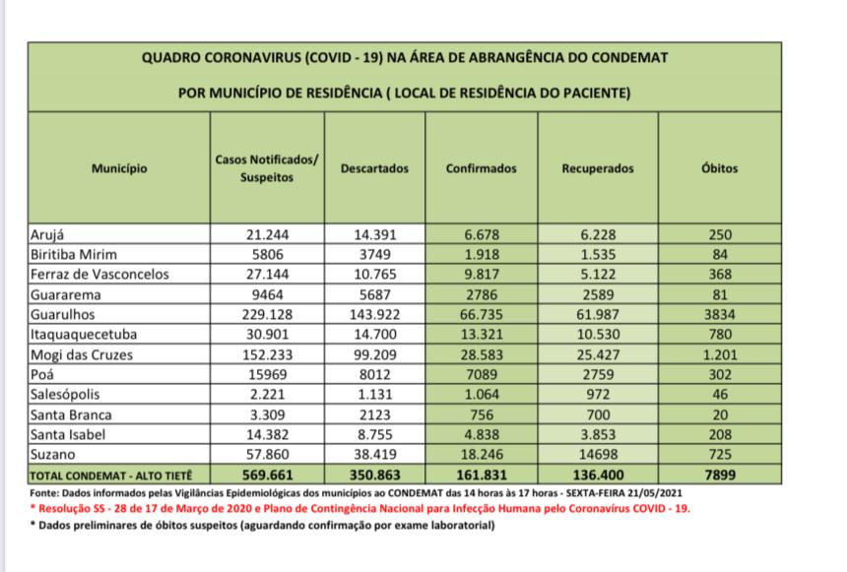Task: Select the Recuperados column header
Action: click(597, 168)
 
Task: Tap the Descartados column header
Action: click(373, 168)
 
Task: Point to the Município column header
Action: click(119, 168)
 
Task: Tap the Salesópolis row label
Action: click(67, 395)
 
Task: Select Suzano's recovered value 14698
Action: click(597, 457)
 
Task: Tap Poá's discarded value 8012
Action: click(373, 375)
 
